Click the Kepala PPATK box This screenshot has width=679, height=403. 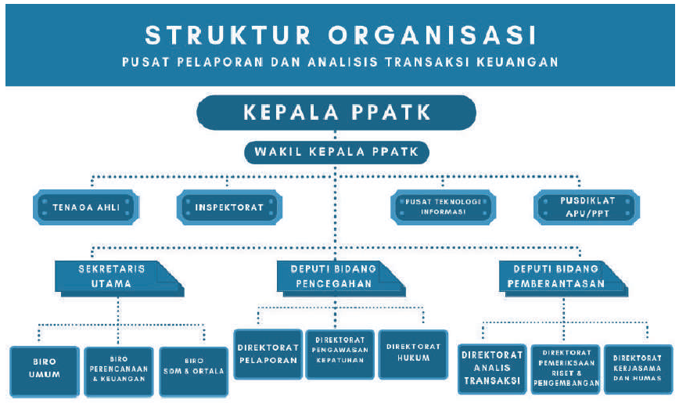336,112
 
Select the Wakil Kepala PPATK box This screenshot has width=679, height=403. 336,152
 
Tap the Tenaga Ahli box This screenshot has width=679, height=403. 86,207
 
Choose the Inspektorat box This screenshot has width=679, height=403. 228,207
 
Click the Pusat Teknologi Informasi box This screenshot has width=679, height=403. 443,207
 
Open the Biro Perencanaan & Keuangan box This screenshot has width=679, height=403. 117,369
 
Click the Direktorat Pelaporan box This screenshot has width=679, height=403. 268,354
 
